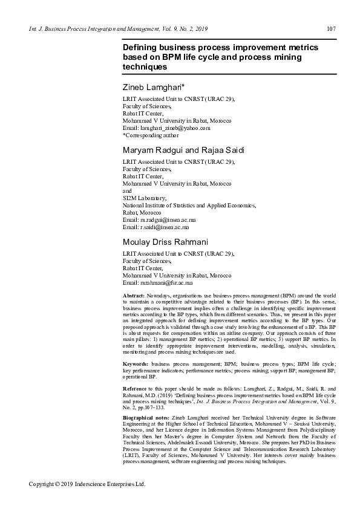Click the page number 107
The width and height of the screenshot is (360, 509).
pyautogui.click(x=331, y=28)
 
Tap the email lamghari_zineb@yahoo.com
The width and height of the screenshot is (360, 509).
pyautogui.click(x=175, y=128)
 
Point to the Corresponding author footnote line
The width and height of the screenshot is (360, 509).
pyautogui.click(x=151, y=136)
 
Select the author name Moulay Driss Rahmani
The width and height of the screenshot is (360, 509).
pyautogui.click(x=165, y=242)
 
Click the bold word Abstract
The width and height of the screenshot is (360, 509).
pyautogui.click(x=134, y=294)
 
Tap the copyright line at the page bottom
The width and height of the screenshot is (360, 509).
pyautogui.click(x=88, y=484)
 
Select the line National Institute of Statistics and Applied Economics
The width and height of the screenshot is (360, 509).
pyautogui.click(x=189, y=206)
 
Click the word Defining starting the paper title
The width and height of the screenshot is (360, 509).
pyautogui.click(x=141, y=47)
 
